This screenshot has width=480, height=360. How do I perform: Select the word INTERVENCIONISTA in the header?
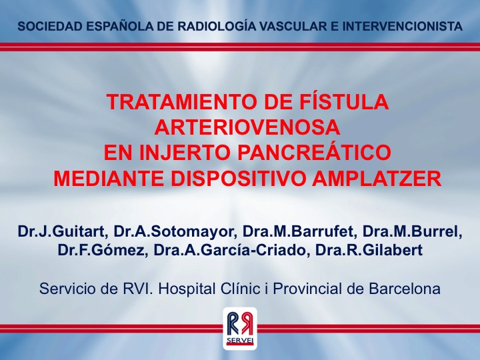click(x=402, y=26)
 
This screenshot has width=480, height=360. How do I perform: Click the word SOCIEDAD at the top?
click(x=49, y=26)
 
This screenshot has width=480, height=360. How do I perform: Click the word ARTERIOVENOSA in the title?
click(x=247, y=127)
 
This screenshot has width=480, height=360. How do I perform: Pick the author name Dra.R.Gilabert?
click(x=369, y=250)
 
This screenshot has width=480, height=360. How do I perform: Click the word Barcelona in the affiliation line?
click(x=405, y=289)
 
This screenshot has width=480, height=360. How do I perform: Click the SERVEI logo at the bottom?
click(x=240, y=329)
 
